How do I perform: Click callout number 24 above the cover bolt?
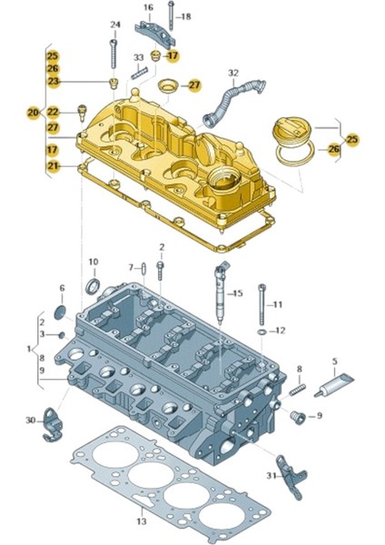click(x=114, y=24)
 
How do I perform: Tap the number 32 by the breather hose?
click(x=233, y=73)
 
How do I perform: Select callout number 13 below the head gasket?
click(x=141, y=521)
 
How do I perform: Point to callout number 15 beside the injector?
click(x=237, y=293)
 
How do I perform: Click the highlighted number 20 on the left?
click(x=34, y=112)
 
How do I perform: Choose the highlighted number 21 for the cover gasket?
click(x=53, y=165)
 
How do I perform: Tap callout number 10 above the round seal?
click(x=93, y=263)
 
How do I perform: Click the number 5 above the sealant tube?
click(x=333, y=362)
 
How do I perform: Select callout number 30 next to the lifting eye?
click(x=31, y=420)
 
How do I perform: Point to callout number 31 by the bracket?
click(x=271, y=475)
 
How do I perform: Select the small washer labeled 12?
click(x=262, y=332)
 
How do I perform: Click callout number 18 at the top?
click(x=186, y=16)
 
